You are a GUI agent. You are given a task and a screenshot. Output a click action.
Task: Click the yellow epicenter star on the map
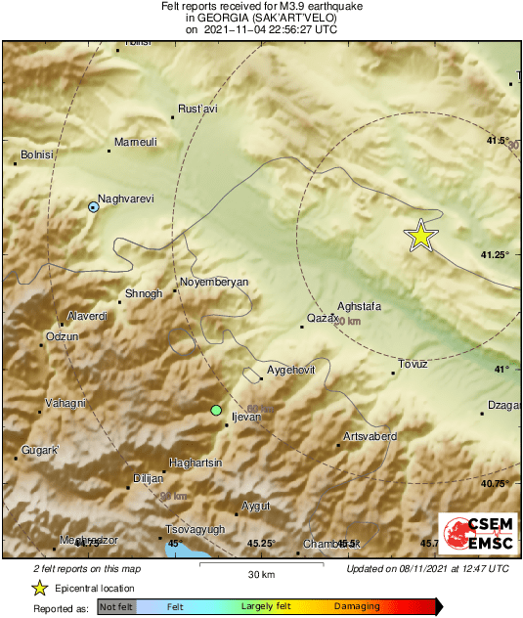pyautogui.click(x=420, y=236)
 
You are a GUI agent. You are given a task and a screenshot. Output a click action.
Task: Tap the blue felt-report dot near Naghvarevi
pyautogui.click(x=93, y=207)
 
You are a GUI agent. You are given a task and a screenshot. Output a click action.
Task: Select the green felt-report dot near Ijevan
pyautogui.click(x=216, y=410)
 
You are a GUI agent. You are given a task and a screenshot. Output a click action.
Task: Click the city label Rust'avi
pyautogui.click(x=196, y=110)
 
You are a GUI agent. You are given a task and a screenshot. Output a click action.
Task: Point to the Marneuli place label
pyautogui.click(x=136, y=143)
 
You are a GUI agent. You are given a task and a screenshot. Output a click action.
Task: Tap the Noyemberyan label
pyautogui.click(x=214, y=282)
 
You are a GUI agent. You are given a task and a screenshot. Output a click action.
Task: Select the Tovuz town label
pyautogui.click(x=413, y=365)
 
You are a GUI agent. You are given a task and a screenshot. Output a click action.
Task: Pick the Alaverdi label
pyautogui.click(x=86, y=317)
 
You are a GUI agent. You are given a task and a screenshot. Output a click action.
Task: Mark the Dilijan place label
pyautogui.click(x=149, y=478)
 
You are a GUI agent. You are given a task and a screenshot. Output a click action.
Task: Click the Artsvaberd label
pyautogui.click(x=370, y=435)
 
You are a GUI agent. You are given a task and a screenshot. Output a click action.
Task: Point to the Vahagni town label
pyautogui.click(x=67, y=403)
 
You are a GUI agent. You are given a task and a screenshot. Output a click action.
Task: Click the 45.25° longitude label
pyautogui.click(x=262, y=544)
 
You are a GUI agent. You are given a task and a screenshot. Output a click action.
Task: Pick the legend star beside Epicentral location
pyautogui.click(x=39, y=588)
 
